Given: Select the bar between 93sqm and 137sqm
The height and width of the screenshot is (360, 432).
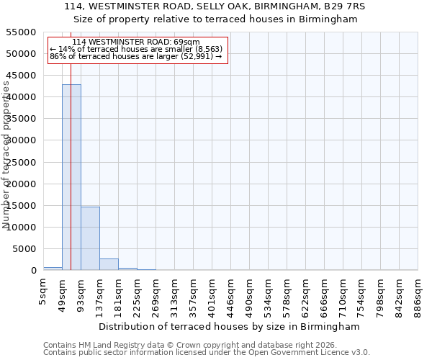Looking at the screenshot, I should click(90, 238).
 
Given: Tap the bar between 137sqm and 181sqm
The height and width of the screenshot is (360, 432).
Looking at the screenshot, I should click(109, 264).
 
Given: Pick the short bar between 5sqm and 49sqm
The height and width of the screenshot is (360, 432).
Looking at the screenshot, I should click(53, 269).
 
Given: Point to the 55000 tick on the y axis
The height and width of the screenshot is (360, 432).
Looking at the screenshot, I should click(22, 32).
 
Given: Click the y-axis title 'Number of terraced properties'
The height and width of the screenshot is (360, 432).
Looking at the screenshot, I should click(6, 155).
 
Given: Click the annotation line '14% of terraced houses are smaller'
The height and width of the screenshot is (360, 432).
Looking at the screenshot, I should click(136, 49).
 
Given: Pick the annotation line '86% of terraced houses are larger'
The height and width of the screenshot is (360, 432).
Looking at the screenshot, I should click(136, 56).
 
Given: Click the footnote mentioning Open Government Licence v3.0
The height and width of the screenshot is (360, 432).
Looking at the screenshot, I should click(207, 353).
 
